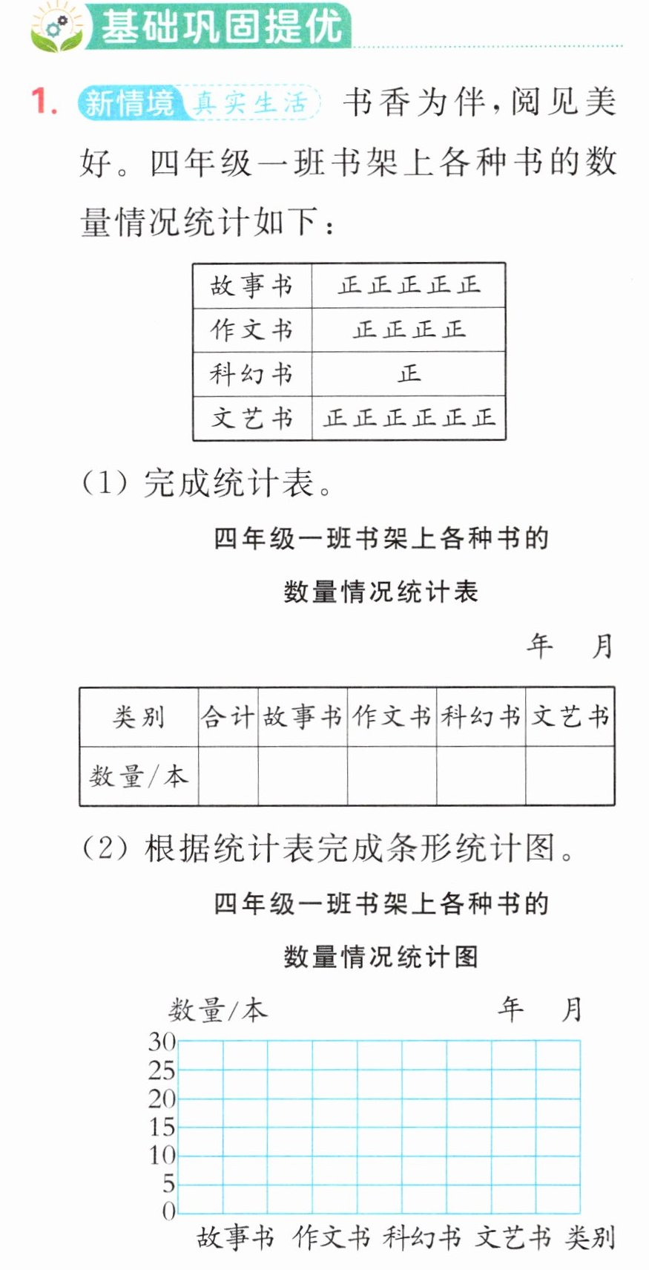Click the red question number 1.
(44, 102)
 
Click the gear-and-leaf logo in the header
(57, 27)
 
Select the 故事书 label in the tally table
(251, 285)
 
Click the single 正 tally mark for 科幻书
(409, 373)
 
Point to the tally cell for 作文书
(409, 330)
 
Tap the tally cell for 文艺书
(409, 418)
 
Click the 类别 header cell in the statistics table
(139, 717)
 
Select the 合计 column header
(228, 716)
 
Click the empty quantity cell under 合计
(228, 776)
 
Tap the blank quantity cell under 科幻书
(481, 776)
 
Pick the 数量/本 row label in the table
(138, 776)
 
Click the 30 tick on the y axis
(162, 1042)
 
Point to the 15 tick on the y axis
(162, 1127)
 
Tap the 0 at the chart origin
(169, 1211)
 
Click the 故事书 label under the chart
(235, 1237)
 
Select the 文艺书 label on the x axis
(513, 1237)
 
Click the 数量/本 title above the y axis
(217, 1009)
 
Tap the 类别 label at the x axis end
(590, 1237)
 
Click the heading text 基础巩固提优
(222, 27)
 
